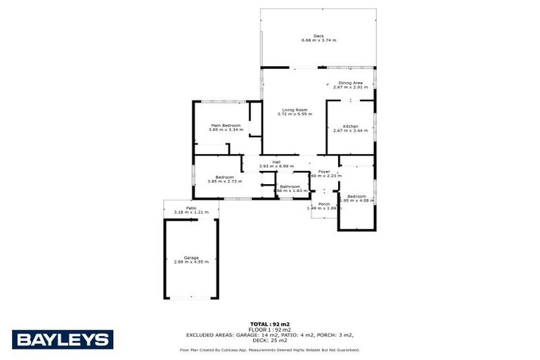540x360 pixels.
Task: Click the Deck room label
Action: [x=319, y=36]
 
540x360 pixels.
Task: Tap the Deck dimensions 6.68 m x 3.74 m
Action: [x=319, y=41]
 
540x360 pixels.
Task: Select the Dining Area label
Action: [x=349, y=82]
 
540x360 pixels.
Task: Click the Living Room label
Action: [x=295, y=110]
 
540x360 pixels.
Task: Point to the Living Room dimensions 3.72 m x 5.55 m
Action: [x=295, y=114]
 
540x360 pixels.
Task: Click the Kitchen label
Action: [x=350, y=126]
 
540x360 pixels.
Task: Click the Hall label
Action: [x=276, y=162]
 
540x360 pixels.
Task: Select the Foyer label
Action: [x=324, y=172]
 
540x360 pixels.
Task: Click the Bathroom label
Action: [x=290, y=186]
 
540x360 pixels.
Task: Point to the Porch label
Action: [x=324, y=204]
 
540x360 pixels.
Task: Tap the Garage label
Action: [x=191, y=257]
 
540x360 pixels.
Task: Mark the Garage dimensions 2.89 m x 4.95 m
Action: [x=191, y=262]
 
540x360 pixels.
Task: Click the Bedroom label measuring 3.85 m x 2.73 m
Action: [x=224, y=176]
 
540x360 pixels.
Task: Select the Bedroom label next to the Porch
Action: [x=356, y=196]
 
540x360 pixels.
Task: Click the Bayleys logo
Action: [x=62, y=340]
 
